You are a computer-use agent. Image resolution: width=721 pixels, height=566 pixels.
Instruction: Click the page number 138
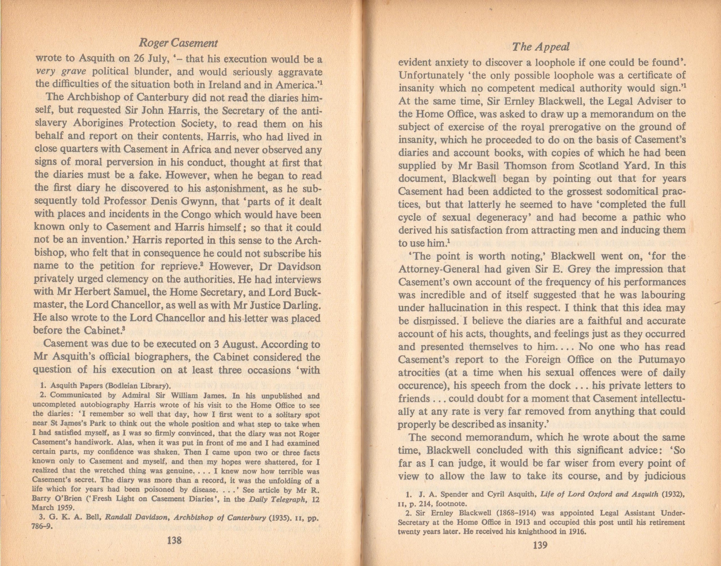pyautogui.click(x=174, y=540)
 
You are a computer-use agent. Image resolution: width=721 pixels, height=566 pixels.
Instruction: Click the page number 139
pyautogui.click(x=540, y=545)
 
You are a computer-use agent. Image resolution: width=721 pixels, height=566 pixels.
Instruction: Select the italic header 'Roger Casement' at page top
pyautogui.click(x=178, y=43)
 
